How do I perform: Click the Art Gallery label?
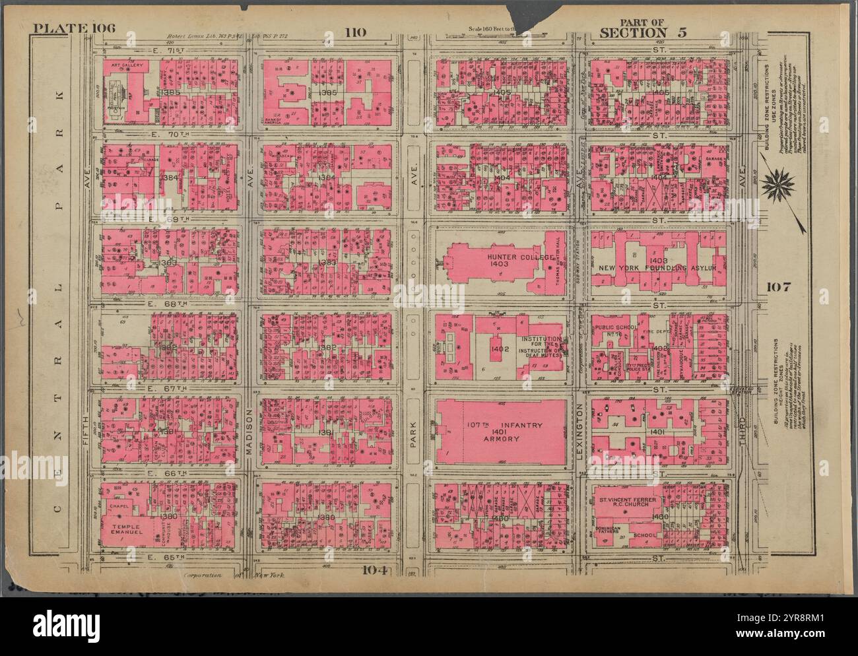(123, 65)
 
